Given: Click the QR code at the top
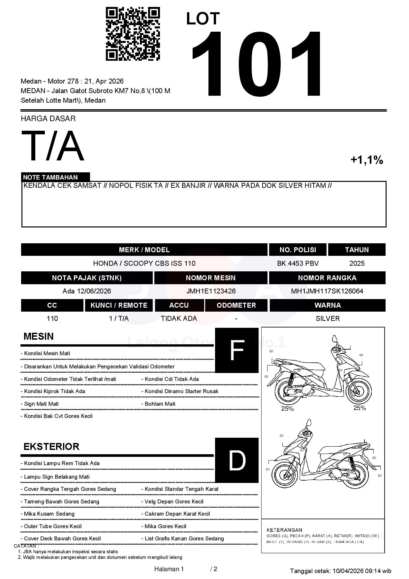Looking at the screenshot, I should (x=133, y=34).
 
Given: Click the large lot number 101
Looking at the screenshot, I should (x=257, y=64).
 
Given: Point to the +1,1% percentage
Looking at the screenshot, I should (x=366, y=160).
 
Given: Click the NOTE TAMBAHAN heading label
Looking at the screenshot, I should (x=50, y=177).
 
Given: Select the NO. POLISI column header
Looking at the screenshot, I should (x=298, y=250).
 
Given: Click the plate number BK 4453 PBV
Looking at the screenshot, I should (x=298, y=263).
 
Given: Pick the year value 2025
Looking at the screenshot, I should (x=357, y=263).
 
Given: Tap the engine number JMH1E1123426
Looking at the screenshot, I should (x=211, y=291).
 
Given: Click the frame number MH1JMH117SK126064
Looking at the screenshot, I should (x=327, y=291).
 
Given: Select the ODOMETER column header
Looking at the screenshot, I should (x=236, y=305).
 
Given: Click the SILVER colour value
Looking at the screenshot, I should (x=328, y=319).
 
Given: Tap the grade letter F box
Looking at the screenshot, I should (x=236, y=351).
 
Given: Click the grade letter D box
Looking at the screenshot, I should (x=236, y=460).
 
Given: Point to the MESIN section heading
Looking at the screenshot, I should (x=39, y=336).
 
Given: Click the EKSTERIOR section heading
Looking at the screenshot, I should (x=51, y=447).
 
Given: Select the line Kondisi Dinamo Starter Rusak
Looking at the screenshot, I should (x=181, y=392).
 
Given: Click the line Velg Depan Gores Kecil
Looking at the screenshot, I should (x=174, y=502).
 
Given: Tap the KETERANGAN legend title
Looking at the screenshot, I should (x=284, y=530).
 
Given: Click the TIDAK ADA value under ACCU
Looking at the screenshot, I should (x=179, y=319).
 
